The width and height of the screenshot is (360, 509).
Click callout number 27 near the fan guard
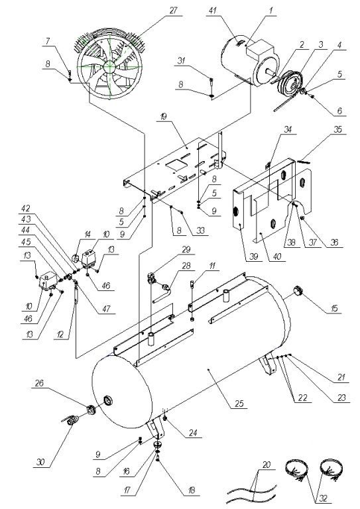173,11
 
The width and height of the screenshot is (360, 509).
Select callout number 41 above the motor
212,11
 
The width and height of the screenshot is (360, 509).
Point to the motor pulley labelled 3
289,84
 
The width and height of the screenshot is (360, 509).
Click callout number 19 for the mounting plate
164,116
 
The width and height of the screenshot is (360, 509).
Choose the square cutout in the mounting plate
175,164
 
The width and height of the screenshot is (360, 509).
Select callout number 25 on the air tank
239,404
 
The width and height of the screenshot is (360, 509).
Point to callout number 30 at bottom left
40,461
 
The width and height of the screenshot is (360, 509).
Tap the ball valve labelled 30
70,422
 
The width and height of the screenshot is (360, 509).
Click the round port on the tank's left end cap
108,400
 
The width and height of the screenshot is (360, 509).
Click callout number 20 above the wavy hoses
266,465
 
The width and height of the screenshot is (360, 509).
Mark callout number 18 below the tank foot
191,490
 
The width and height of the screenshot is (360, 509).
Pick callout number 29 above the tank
186,249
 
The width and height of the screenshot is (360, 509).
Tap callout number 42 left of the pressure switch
26,208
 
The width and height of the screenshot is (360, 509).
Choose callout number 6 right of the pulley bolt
339,111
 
